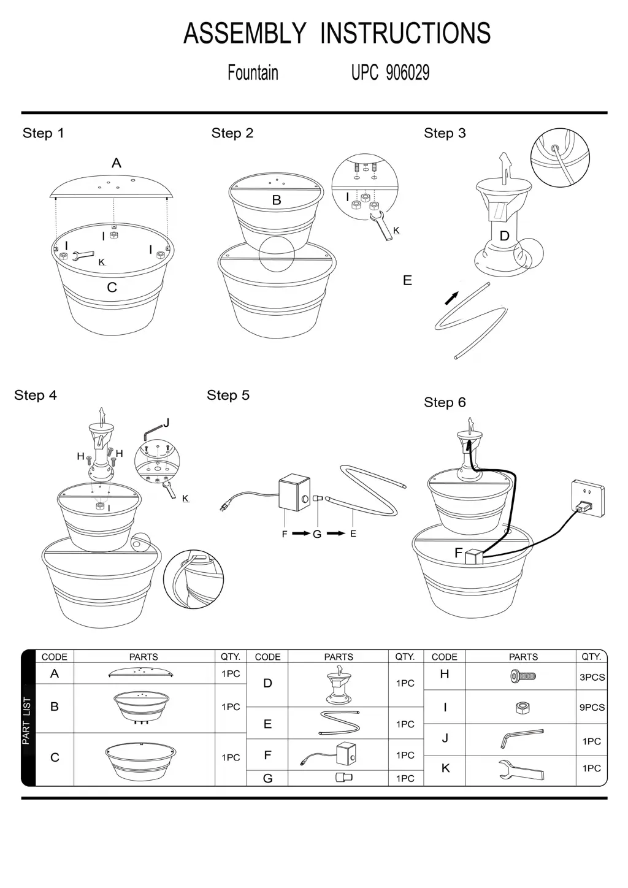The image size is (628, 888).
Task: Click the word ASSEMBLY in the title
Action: pyautogui.click(x=245, y=34)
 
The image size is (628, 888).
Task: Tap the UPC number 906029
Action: pyautogui.click(x=407, y=73)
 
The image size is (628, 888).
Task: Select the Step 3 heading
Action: pyautogui.click(x=445, y=133)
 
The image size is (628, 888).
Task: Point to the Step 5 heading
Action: pyautogui.click(x=228, y=396)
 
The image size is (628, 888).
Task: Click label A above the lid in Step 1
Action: pyautogui.click(x=117, y=163)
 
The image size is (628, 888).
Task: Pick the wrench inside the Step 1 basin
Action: pyautogui.click(x=82, y=256)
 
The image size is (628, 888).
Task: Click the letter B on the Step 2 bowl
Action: pyautogui.click(x=277, y=200)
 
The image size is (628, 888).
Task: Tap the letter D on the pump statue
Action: pyautogui.click(x=504, y=236)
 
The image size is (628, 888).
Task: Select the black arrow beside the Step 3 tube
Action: pyautogui.click(x=451, y=298)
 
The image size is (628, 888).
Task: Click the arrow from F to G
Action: pyautogui.click(x=301, y=534)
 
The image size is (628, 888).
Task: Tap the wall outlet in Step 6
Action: pyautogui.click(x=587, y=497)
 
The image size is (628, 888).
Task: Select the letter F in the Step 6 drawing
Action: pyautogui.click(x=458, y=553)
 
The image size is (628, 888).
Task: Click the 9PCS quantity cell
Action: pyautogui.click(x=592, y=707)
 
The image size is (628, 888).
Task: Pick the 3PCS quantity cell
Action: pyautogui.click(x=592, y=678)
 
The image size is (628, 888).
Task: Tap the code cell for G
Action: pyautogui.click(x=267, y=778)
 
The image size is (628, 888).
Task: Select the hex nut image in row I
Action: pyautogui.click(x=523, y=708)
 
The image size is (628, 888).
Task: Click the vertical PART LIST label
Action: pyautogui.click(x=26, y=721)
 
